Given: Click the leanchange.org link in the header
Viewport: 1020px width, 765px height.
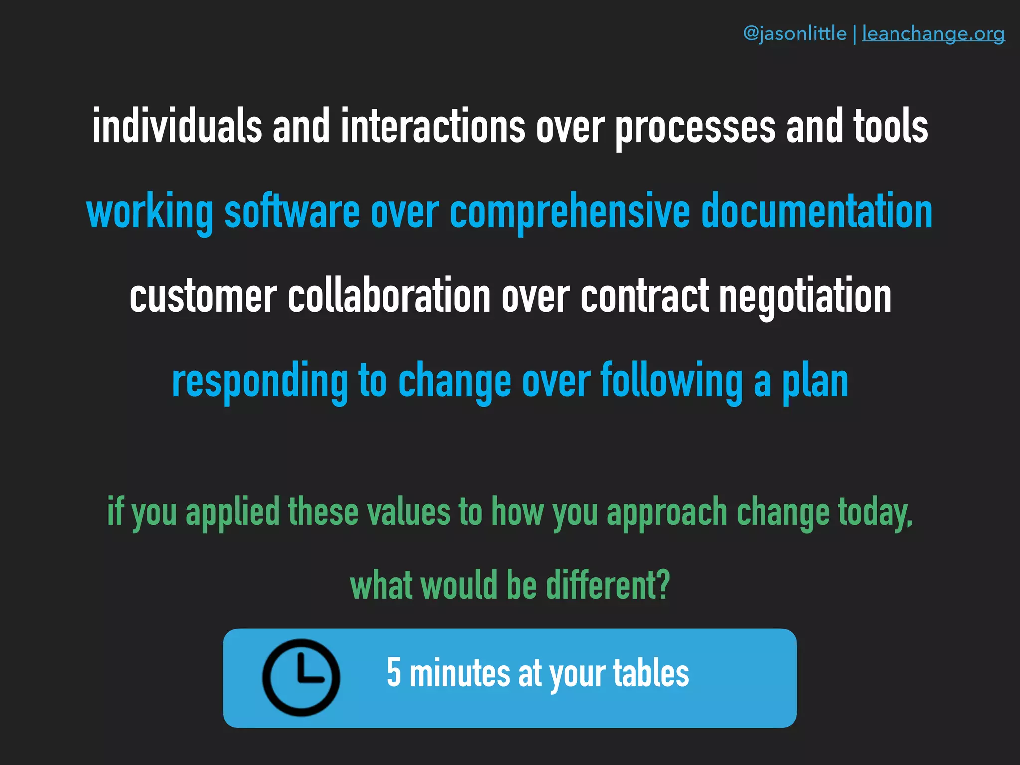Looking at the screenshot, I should tap(933, 33).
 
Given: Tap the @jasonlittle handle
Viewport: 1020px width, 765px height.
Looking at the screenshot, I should tap(794, 33).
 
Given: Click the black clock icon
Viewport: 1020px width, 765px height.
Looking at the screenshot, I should tap(301, 677).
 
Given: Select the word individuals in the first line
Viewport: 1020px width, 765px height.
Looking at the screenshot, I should tap(177, 127).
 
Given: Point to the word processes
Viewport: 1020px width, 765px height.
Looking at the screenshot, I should tap(695, 127).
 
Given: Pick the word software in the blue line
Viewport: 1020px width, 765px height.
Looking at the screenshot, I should tap(292, 212).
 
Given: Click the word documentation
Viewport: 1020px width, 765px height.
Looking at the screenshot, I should tap(817, 212).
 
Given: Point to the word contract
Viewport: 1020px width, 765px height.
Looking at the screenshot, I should tap(644, 296).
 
